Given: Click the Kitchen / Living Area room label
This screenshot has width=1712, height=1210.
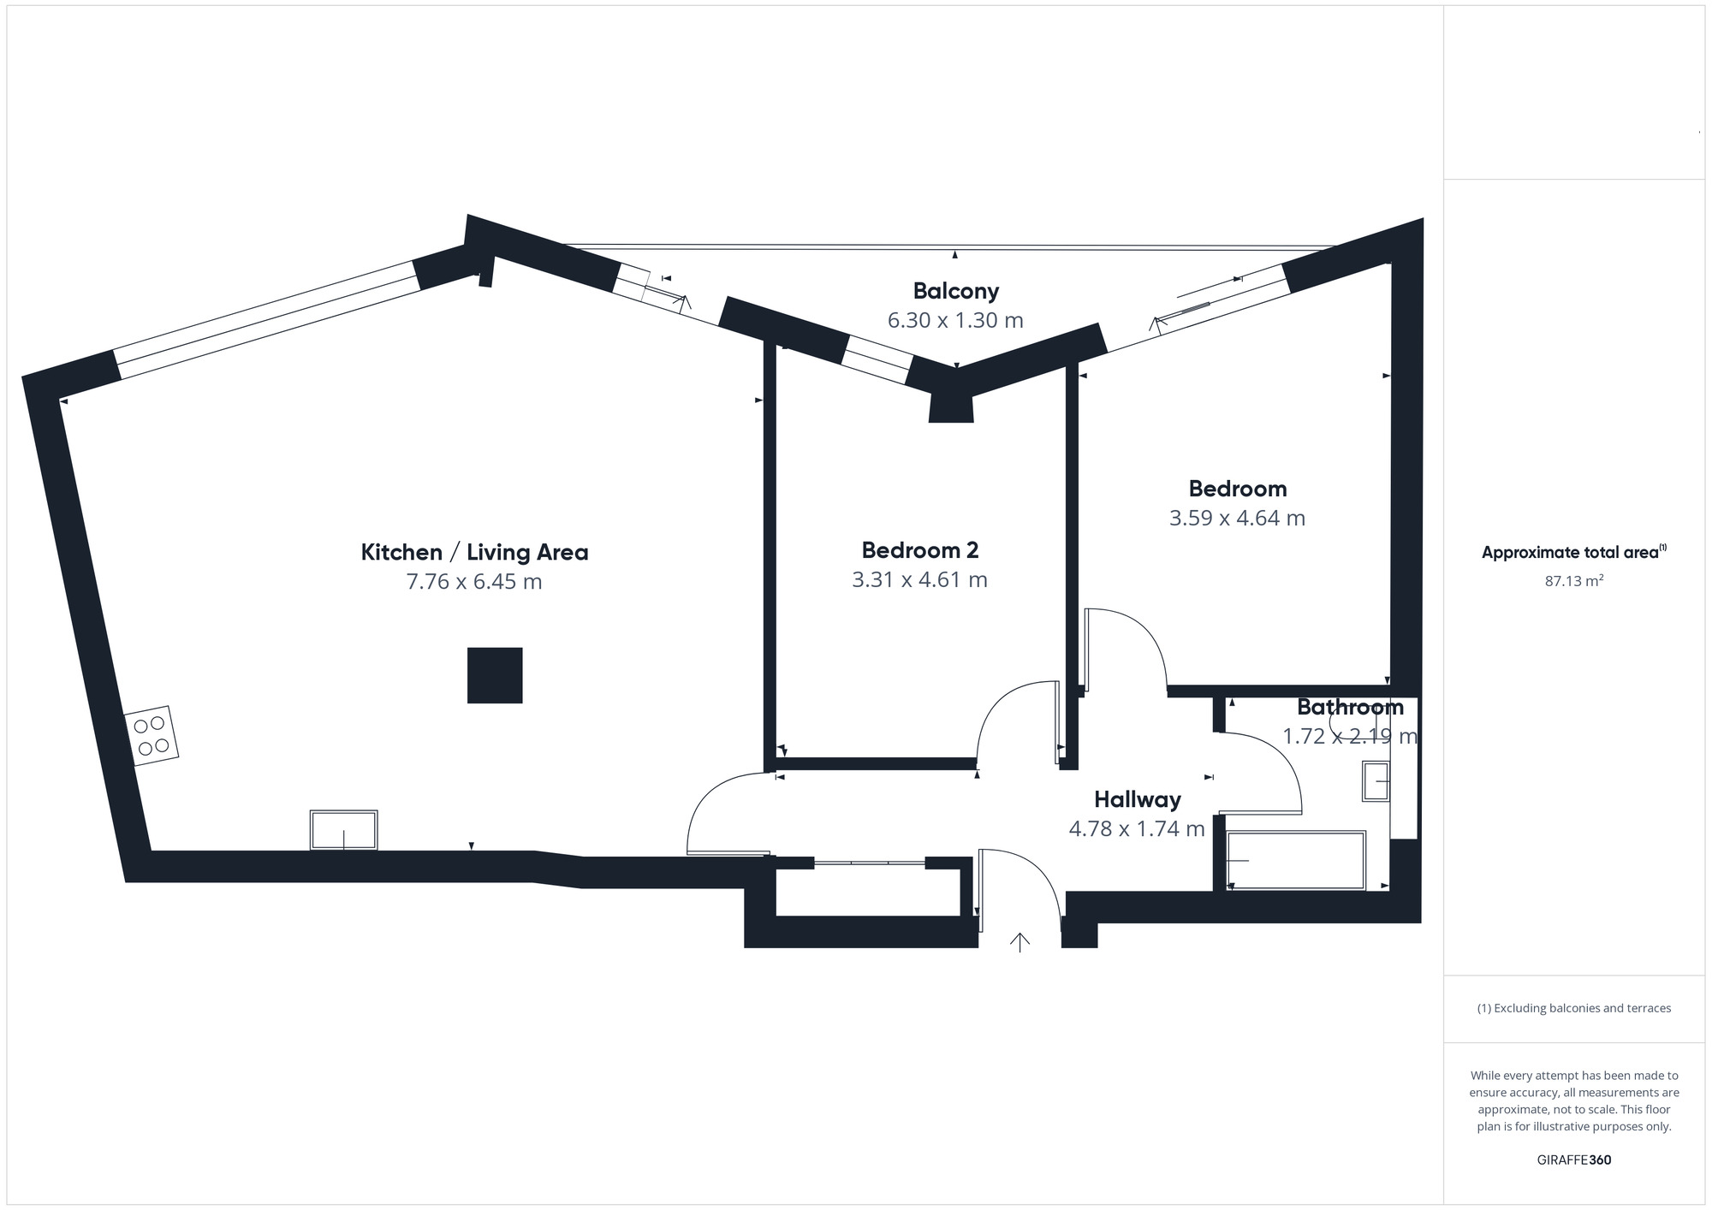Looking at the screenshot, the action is (474, 552).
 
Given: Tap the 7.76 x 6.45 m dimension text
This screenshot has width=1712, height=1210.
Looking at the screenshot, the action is (474, 582).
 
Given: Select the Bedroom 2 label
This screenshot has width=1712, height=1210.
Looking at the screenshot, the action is (920, 549).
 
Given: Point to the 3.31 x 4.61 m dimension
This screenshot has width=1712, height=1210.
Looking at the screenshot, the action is (920, 579).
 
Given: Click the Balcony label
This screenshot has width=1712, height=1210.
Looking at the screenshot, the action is (956, 291).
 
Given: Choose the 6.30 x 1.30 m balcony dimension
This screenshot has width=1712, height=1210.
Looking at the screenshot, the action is (956, 320).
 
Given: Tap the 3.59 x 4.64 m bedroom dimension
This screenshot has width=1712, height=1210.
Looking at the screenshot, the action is (1238, 518).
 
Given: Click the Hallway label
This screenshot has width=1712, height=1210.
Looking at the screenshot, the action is (1138, 799).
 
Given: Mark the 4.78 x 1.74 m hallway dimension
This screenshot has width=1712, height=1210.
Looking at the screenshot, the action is (1138, 828).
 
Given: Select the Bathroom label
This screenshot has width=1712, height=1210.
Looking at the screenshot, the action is (1351, 707).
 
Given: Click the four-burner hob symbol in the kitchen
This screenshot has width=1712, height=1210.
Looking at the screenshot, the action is (152, 736).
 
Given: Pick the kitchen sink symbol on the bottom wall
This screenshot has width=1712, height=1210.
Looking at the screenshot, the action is (343, 830).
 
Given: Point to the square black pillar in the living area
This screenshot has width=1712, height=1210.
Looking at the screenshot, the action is (495, 675).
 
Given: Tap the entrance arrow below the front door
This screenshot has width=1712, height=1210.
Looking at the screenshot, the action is (1019, 942).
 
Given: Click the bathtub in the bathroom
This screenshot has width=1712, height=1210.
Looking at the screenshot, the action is (1296, 860).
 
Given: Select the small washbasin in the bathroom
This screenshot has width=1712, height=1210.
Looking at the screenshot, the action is (1376, 781).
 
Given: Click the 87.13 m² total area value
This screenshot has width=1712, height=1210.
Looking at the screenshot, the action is (1574, 581).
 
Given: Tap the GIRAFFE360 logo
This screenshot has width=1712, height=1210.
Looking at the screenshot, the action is (1574, 1160).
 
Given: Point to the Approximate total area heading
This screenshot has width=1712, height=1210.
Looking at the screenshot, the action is (1574, 552).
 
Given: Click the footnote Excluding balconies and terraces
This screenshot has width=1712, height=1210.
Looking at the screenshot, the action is (1574, 1008).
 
